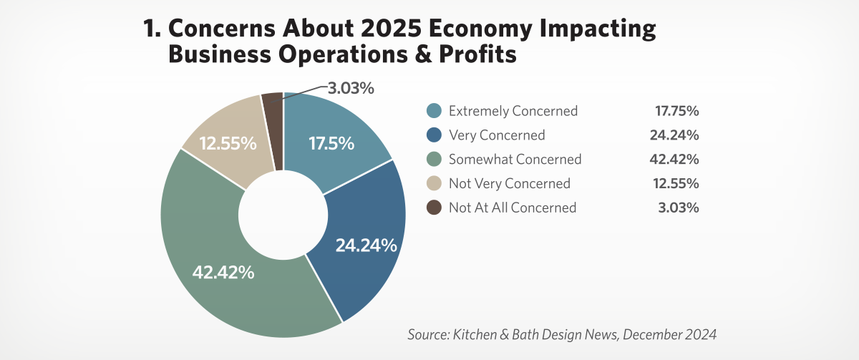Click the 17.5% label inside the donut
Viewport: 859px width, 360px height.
(331, 143)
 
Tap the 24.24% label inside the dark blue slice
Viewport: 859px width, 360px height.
(366, 245)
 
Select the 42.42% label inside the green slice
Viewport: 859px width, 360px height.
(223, 273)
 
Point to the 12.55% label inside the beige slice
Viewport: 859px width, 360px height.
(228, 143)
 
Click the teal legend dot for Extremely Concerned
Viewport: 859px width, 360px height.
(434, 111)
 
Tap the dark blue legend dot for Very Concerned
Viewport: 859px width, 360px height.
(434, 135)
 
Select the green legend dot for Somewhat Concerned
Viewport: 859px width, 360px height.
(434, 160)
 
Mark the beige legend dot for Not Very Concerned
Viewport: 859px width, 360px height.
(434, 184)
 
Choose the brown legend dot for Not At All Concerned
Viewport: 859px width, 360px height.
(434, 208)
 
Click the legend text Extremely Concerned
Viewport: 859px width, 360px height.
(513, 111)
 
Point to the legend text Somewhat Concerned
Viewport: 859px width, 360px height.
(515, 160)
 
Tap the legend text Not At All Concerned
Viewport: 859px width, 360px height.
(512, 208)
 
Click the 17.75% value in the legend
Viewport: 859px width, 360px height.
(676, 111)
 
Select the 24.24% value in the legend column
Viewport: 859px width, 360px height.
(676, 135)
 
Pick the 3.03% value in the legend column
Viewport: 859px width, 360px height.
(680, 208)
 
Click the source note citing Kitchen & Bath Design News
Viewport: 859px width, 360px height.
(562, 334)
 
